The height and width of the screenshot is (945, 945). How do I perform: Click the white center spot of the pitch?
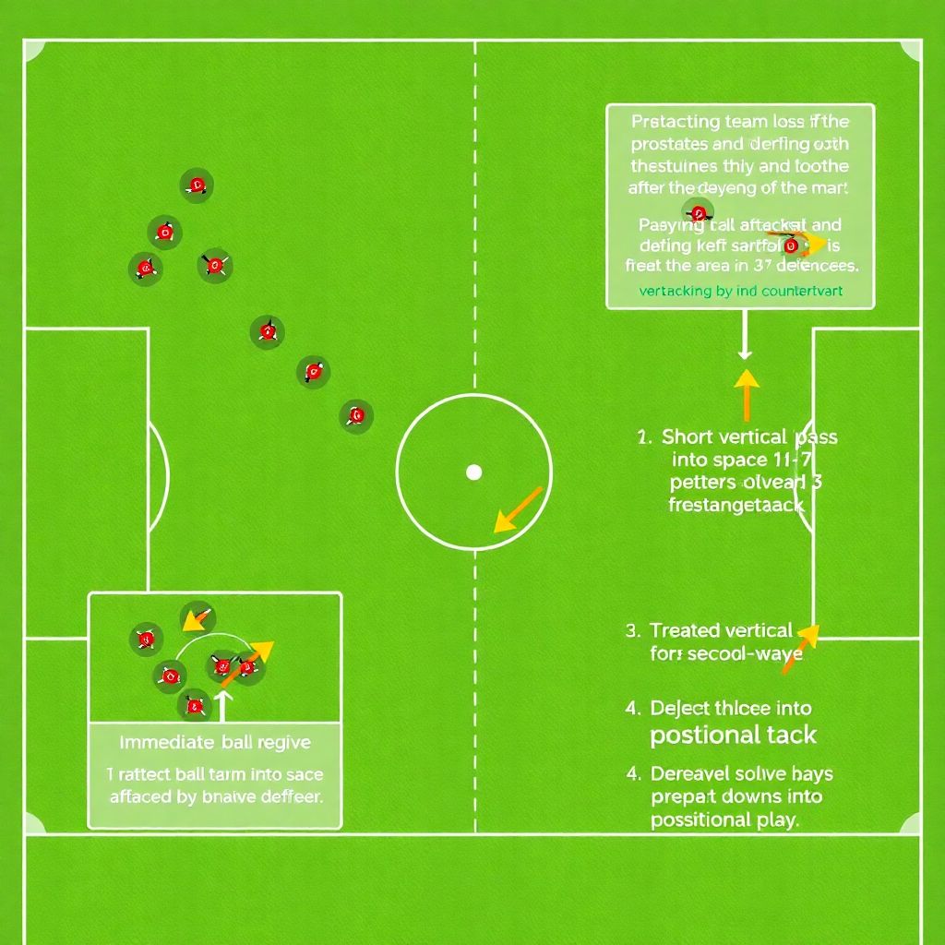click(x=473, y=472)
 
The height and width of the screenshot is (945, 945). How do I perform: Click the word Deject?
click(x=681, y=709)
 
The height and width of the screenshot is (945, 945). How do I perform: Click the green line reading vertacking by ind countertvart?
click(x=741, y=291)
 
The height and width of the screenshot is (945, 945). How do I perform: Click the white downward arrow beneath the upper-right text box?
click(x=745, y=338)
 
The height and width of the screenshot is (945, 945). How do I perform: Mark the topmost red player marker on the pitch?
click(x=196, y=185)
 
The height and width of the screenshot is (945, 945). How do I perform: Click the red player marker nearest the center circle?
click(x=356, y=415)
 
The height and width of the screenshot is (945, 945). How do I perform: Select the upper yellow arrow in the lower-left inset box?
click(x=197, y=617)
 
